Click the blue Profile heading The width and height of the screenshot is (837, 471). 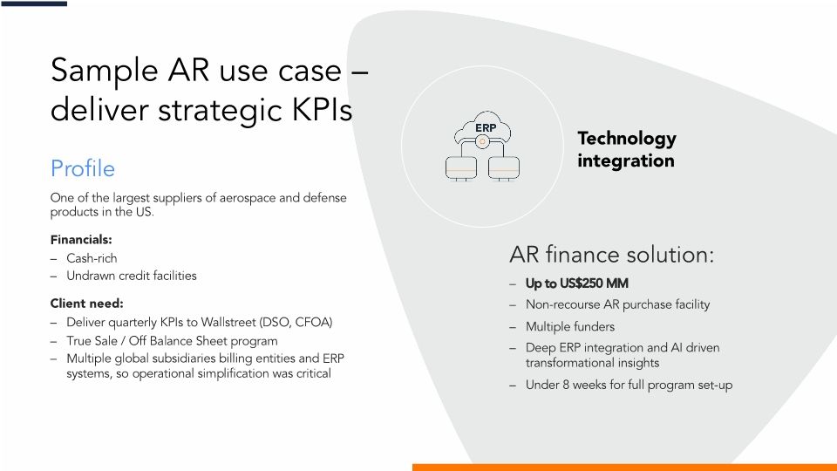coord(83,167)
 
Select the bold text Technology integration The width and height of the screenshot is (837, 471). coord(626,149)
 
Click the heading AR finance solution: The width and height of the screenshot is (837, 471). coord(611,255)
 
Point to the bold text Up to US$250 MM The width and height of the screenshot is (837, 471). coord(576,283)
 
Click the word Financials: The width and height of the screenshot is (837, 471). coord(81,239)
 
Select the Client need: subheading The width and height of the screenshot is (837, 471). coord(86,304)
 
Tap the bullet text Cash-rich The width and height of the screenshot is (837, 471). coord(92,258)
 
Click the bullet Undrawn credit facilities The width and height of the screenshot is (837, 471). coord(132,276)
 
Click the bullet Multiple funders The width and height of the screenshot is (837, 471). coord(569,327)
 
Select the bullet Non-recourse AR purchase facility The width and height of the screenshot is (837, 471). coord(617,304)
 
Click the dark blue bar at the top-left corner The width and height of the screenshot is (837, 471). coord(33,3)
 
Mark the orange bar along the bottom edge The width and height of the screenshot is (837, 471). coord(623,467)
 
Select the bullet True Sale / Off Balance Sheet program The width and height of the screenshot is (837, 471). coord(172,341)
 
